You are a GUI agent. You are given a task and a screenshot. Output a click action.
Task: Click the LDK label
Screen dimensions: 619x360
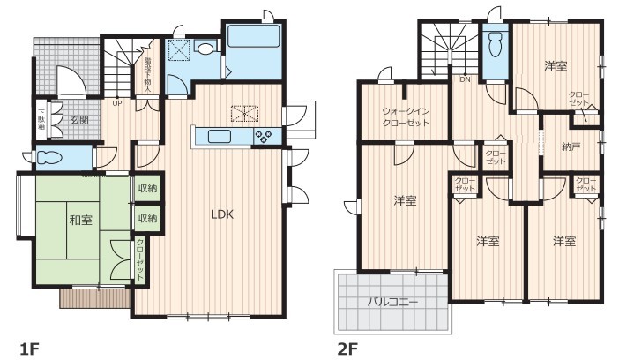click(x=222, y=214)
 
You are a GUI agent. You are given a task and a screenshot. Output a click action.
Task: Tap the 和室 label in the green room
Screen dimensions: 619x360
click(x=81, y=220)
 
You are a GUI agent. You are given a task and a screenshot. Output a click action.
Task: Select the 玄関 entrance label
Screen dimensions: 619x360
click(x=79, y=120)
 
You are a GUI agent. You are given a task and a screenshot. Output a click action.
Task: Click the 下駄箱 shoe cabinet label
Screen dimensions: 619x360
click(x=41, y=120)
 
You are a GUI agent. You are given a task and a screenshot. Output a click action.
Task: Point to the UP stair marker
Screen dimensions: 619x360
click(x=117, y=103)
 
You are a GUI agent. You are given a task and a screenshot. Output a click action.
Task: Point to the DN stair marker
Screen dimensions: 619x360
click(x=465, y=79)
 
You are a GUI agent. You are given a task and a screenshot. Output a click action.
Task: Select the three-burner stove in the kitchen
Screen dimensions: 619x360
click(x=263, y=137)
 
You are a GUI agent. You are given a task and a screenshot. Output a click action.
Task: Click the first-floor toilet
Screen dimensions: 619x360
click(x=50, y=158)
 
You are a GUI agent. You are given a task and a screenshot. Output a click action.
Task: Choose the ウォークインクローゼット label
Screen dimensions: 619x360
click(x=406, y=117)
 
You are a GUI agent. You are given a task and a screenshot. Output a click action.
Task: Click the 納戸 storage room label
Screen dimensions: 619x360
click(x=571, y=147)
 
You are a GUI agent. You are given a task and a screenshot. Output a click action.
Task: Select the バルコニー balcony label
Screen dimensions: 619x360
click(x=392, y=303)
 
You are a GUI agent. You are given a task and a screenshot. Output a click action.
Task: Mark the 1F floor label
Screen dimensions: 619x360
click(x=30, y=349)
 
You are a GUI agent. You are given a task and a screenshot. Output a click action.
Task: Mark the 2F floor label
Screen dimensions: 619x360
click(x=347, y=349)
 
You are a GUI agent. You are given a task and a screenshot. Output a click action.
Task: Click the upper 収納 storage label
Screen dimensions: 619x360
click(x=147, y=188)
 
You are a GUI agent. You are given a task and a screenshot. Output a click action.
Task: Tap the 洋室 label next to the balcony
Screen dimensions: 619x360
click(x=405, y=201)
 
